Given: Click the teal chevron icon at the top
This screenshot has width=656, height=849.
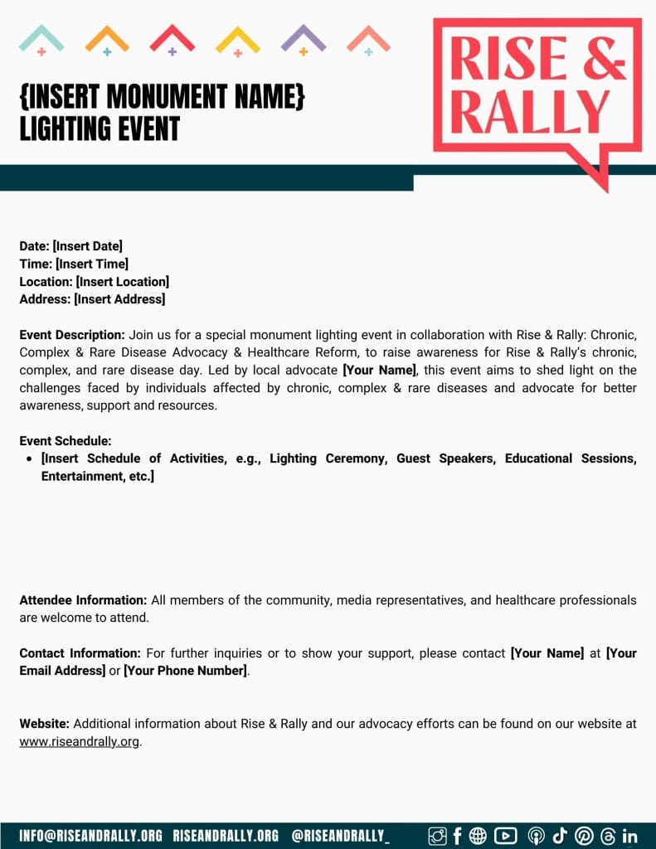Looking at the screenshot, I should [x=41, y=38].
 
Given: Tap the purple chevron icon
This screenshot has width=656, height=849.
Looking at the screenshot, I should [x=304, y=38].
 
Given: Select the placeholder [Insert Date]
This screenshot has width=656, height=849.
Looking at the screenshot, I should [x=87, y=246].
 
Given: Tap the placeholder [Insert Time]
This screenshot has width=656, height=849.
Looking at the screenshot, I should [x=91, y=264].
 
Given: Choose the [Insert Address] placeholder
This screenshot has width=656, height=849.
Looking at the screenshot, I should [x=119, y=299].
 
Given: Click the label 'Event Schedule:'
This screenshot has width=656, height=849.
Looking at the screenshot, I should [x=66, y=441].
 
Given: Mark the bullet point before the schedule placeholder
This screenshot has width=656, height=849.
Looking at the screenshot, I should [x=30, y=458].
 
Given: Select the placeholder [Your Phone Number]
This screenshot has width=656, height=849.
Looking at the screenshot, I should [x=185, y=671].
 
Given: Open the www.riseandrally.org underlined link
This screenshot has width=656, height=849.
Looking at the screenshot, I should [x=80, y=742].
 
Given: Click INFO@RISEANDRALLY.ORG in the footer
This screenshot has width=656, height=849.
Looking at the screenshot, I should [x=90, y=836].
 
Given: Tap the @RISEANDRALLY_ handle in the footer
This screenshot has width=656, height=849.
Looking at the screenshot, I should [x=340, y=836].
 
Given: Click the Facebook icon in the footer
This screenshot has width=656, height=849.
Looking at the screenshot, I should [x=457, y=836].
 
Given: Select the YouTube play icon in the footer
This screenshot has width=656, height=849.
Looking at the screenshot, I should [x=505, y=836].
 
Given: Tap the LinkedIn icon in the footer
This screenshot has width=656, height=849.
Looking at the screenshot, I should [x=629, y=836].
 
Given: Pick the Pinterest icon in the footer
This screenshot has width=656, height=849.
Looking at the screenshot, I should [x=584, y=836].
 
